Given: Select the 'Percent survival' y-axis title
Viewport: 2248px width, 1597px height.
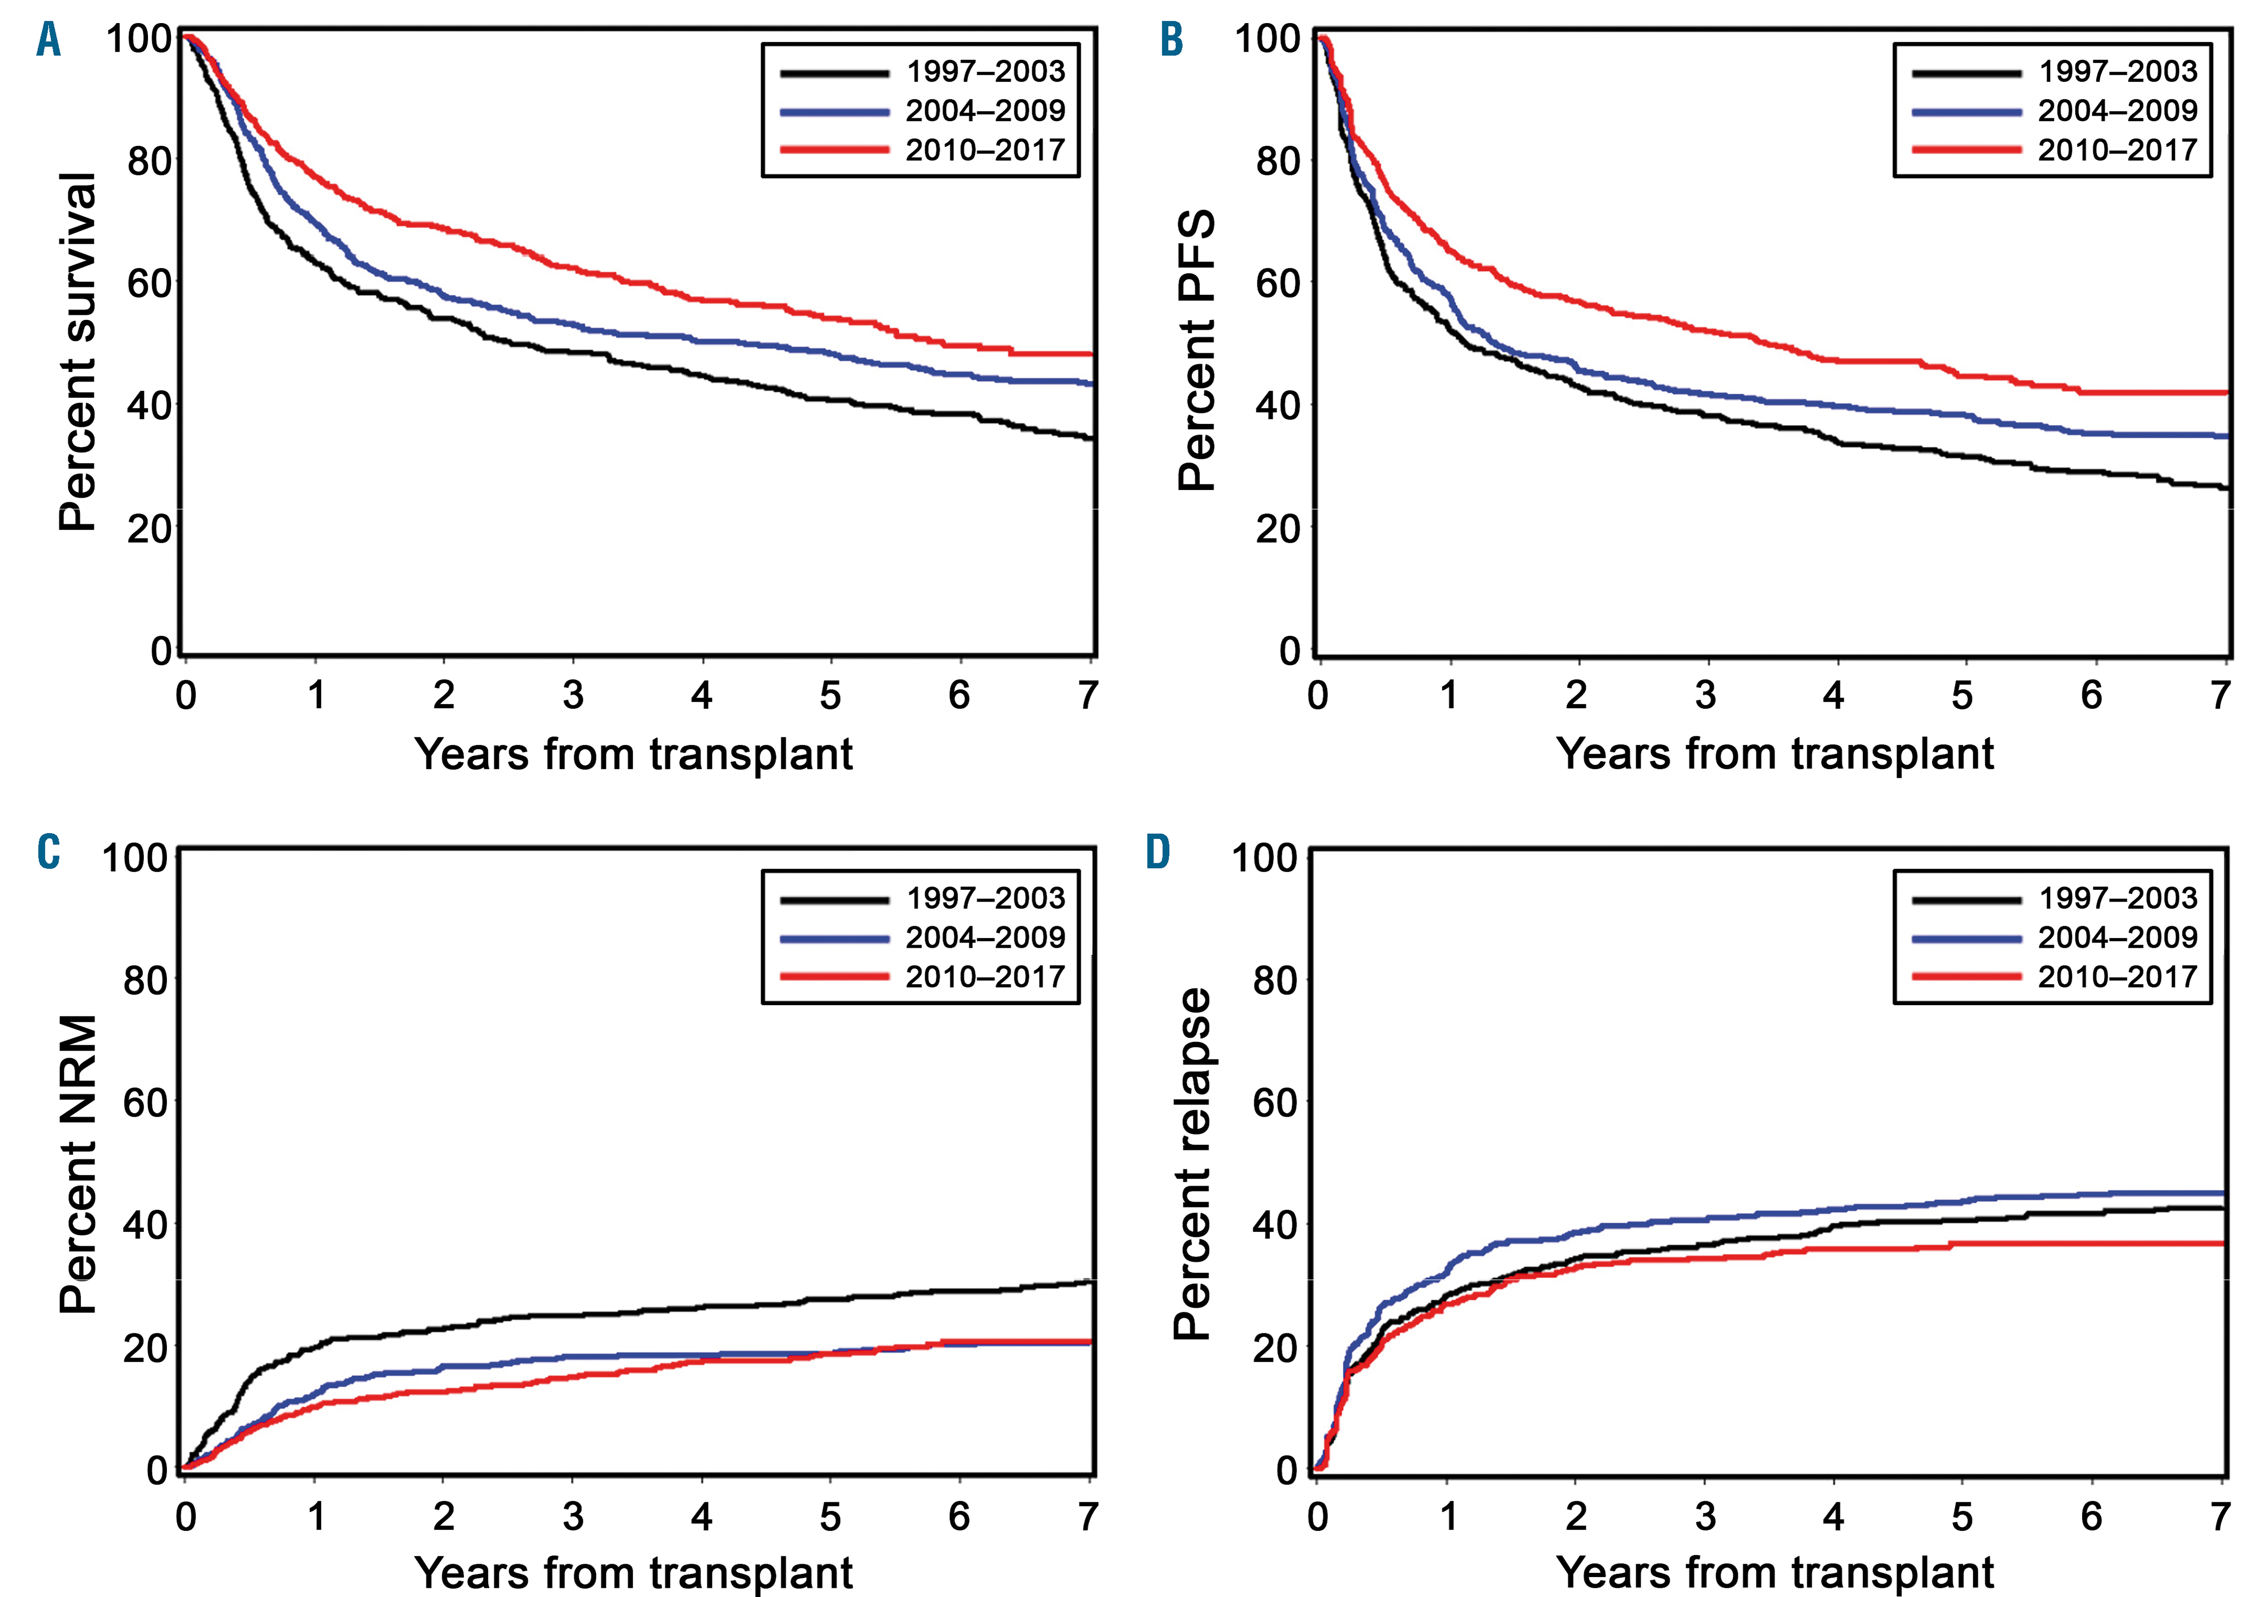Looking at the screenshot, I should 78,352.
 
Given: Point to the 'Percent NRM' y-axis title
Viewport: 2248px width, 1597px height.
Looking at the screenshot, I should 78,1165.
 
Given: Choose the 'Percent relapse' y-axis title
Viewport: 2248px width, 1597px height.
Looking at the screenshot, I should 1192,1165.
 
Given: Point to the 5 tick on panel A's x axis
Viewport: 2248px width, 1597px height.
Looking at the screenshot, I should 830,696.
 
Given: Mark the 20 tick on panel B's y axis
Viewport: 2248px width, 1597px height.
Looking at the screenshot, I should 1278,529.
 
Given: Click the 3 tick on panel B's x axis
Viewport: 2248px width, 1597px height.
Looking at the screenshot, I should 1705,696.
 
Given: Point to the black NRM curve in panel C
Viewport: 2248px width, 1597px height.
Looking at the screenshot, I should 640,1312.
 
